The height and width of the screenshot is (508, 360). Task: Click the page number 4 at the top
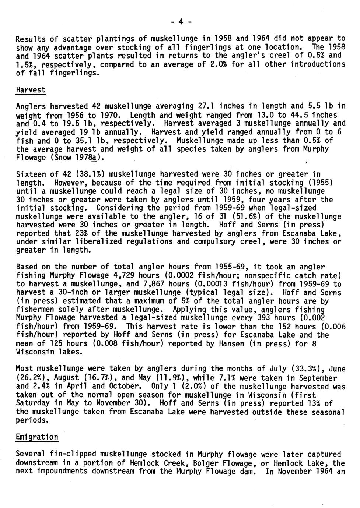(181, 21)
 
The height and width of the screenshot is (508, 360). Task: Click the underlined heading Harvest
(31, 90)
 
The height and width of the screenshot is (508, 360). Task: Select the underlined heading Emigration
(37, 437)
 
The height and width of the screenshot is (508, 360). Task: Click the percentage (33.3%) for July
(308, 369)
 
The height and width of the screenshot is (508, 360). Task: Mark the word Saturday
(33, 403)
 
